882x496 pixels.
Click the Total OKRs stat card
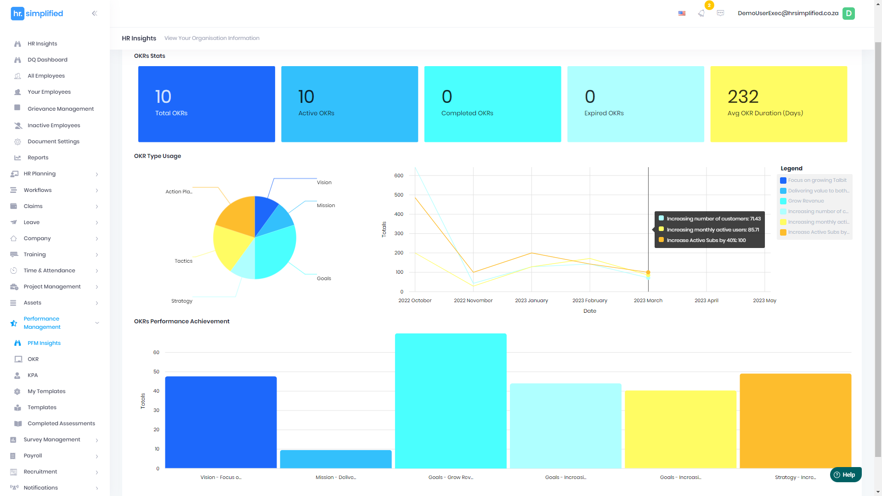pyautogui.click(x=206, y=104)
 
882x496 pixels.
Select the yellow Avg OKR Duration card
pyautogui.click(x=778, y=104)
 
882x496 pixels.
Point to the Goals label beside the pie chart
pyautogui.click(x=324, y=278)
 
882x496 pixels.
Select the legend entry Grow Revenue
pyautogui.click(x=806, y=201)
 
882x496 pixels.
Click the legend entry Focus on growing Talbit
pyautogui.click(x=817, y=180)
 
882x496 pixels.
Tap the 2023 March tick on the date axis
pyautogui.click(x=648, y=300)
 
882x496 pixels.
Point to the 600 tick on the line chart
pyautogui.click(x=399, y=175)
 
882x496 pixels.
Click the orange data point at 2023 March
pyautogui.click(x=648, y=272)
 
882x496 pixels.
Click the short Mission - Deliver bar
pyautogui.click(x=335, y=459)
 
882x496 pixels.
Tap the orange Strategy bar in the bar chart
pyautogui.click(x=795, y=420)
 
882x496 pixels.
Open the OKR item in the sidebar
pyautogui.click(x=33, y=359)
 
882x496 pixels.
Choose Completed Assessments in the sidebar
pyautogui.click(x=61, y=423)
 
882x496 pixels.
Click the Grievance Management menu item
pyautogui.click(x=60, y=109)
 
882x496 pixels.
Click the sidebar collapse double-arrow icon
pyautogui.click(x=94, y=13)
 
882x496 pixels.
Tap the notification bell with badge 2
pyautogui.click(x=701, y=13)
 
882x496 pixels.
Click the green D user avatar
pyautogui.click(x=848, y=13)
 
